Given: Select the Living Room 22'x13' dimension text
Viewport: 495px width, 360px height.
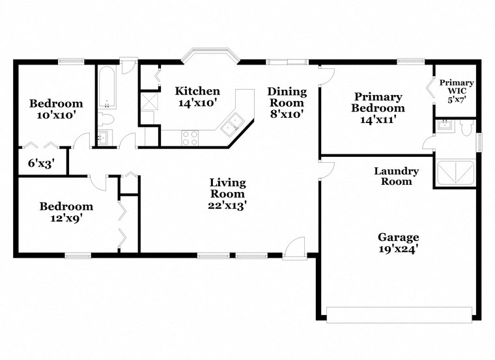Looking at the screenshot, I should pos(227,205).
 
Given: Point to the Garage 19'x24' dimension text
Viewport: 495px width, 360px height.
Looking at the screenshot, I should pos(398,248).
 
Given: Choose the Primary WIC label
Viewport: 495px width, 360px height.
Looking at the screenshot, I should pos(457,83).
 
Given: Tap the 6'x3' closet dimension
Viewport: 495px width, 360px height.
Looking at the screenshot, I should pos(40,163).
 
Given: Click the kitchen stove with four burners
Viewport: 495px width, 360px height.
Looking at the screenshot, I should pos(190,137).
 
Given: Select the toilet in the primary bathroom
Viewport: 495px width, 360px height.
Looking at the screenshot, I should pos(465,128).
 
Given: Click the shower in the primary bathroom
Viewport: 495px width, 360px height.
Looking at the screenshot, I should pos(456,172).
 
